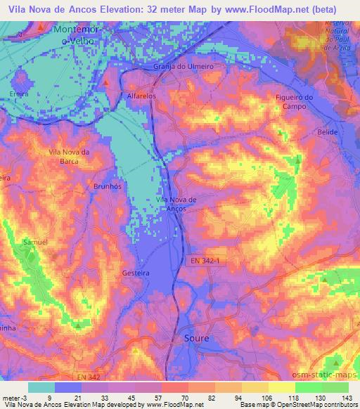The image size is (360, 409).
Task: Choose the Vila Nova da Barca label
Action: tap(69, 156)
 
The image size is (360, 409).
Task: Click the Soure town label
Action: tap(196, 338)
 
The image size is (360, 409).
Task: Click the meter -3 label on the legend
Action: tap(14, 397)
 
